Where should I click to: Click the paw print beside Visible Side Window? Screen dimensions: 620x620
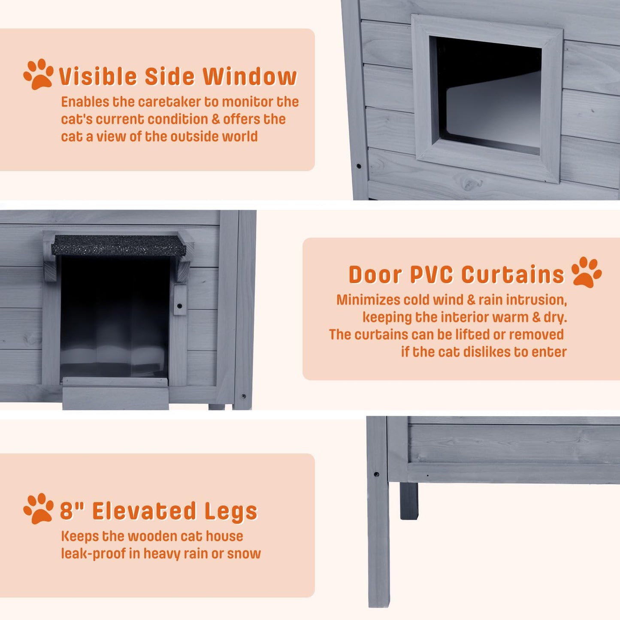click(38, 74)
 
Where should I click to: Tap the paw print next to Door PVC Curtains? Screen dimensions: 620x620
click(586, 272)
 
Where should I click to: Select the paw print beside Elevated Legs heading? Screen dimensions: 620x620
click(38, 508)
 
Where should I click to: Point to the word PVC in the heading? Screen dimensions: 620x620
click(432, 275)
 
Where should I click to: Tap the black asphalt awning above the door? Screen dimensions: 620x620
click(118, 245)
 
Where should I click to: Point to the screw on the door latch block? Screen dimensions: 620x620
click(179, 305)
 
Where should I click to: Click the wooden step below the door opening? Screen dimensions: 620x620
click(115, 393)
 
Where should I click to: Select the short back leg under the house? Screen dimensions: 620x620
click(409, 501)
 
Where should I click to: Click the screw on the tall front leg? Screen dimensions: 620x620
click(376, 474)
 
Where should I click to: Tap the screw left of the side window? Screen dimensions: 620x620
click(358, 166)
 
